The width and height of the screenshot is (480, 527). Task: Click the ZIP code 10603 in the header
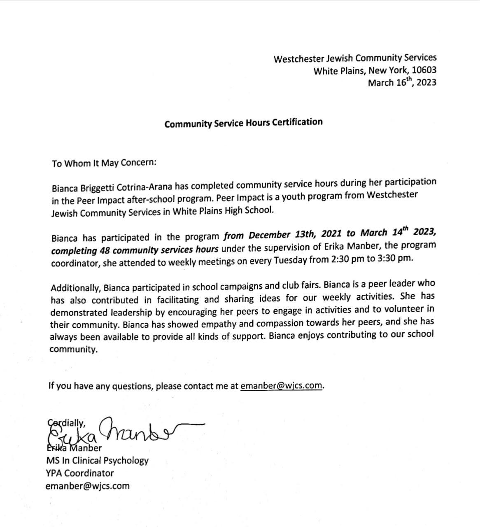click(424, 70)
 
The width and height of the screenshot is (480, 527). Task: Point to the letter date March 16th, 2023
click(402, 82)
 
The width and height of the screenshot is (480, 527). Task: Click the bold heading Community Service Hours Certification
click(243, 123)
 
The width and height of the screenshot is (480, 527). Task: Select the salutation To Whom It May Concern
click(104, 163)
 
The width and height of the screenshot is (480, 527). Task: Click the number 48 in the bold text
click(104, 250)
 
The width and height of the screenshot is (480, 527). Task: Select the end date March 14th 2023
click(398, 233)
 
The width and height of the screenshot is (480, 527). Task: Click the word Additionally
click(75, 287)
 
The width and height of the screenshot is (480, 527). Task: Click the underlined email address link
click(281, 386)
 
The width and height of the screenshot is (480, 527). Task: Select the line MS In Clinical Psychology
click(97, 460)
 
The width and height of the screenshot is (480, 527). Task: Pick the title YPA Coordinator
click(80, 473)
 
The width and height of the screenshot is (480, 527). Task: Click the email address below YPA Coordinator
click(88, 486)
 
